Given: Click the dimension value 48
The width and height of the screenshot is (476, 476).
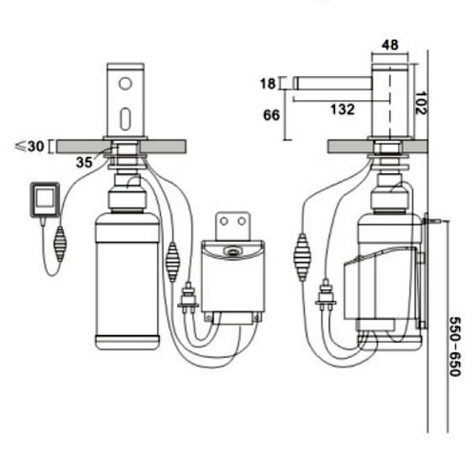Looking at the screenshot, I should [390, 44].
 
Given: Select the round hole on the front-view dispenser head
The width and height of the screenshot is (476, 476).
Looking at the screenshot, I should [125, 84].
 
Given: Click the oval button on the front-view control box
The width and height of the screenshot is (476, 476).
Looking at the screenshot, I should [232, 252].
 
